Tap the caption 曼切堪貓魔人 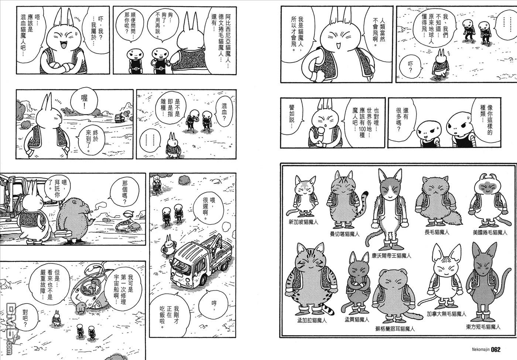(345, 234)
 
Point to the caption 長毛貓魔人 (437, 232)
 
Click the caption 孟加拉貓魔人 (312, 320)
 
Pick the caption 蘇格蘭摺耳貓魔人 (395, 329)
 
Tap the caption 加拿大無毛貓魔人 (446, 314)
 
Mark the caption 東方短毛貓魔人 (483, 327)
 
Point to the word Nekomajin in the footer (478, 350)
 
